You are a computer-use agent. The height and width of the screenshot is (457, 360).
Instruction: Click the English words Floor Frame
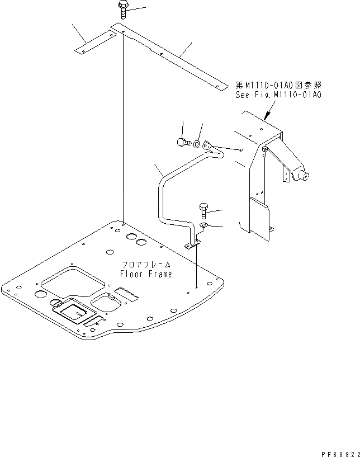coord(146,274)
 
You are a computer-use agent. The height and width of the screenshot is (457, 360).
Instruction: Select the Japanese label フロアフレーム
coord(146,265)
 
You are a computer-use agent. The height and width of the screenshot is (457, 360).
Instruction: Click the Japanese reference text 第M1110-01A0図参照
coord(278,86)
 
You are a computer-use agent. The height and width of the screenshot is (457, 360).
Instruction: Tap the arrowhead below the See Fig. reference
coord(266,118)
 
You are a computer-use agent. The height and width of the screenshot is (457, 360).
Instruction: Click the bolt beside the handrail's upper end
coord(182,142)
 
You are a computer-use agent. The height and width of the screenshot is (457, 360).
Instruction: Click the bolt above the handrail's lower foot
coord(203,211)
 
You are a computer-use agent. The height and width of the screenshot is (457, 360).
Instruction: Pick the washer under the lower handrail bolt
coord(204,225)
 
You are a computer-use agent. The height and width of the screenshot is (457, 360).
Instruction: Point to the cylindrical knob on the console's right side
coord(304,177)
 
